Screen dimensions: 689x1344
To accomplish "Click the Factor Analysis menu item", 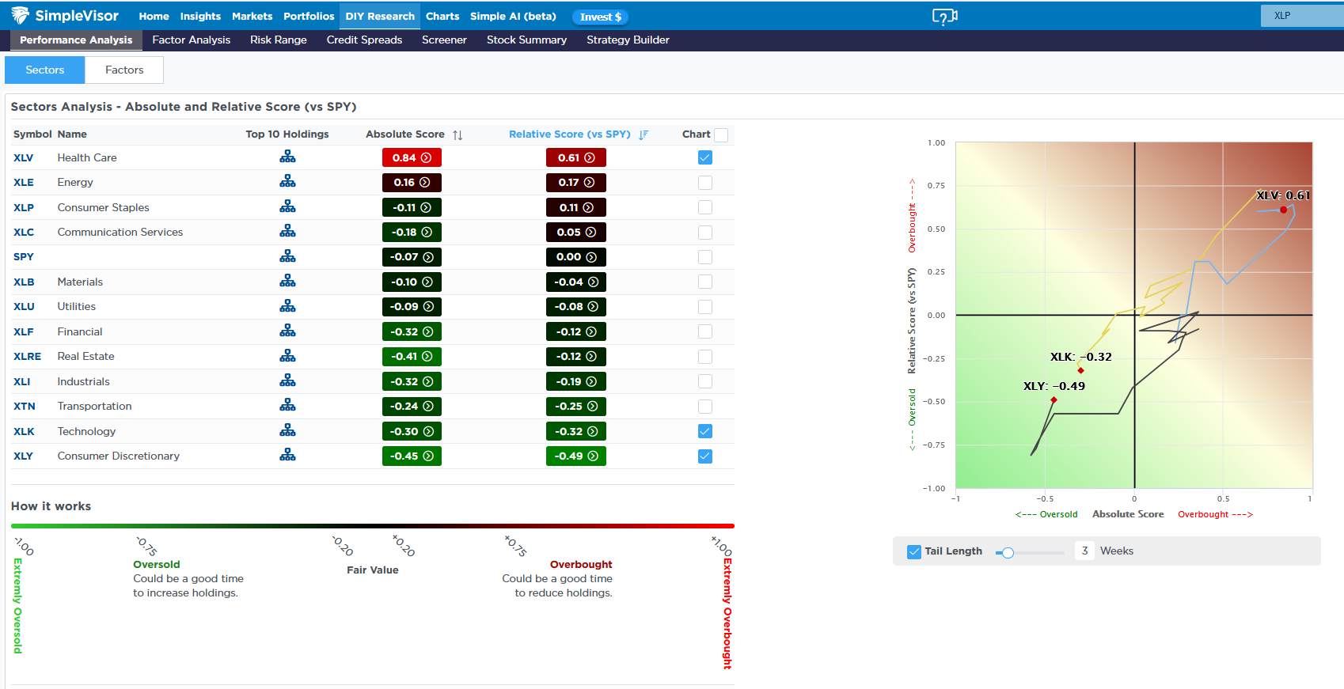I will click(x=191, y=40).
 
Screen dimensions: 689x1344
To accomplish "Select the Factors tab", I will click(x=124, y=70).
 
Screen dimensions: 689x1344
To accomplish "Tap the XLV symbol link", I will click(x=23, y=157).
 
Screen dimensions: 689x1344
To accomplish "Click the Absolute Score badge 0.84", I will click(x=412, y=157).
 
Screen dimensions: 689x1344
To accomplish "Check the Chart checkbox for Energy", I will click(x=705, y=183).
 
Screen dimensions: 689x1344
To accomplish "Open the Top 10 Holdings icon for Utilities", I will click(x=287, y=306).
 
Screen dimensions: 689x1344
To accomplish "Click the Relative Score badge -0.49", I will click(x=575, y=456).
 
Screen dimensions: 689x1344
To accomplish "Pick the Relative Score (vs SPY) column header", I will click(x=569, y=134).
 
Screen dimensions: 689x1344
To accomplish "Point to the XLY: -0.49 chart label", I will click(x=1054, y=386).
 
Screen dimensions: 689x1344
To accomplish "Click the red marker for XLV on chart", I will click(x=1283, y=210).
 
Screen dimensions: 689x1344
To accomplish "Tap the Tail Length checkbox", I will click(x=914, y=551).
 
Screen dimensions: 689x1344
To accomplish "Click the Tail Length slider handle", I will click(x=1008, y=553).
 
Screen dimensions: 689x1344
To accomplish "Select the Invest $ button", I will click(x=601, y=17).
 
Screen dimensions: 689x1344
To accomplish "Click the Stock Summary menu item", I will click(x=526, y=40).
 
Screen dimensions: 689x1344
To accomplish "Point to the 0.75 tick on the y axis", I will click(x=936, y=186).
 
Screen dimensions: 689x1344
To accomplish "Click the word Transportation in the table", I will click(x=94, y=407).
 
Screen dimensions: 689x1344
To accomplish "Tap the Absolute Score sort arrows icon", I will click(x=457, y=135).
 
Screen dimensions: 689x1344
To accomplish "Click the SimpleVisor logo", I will click(x=66, y=16).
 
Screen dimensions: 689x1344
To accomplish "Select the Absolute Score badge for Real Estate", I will click(x=412, y=357).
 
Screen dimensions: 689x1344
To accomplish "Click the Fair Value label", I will click(x=372, y=570).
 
